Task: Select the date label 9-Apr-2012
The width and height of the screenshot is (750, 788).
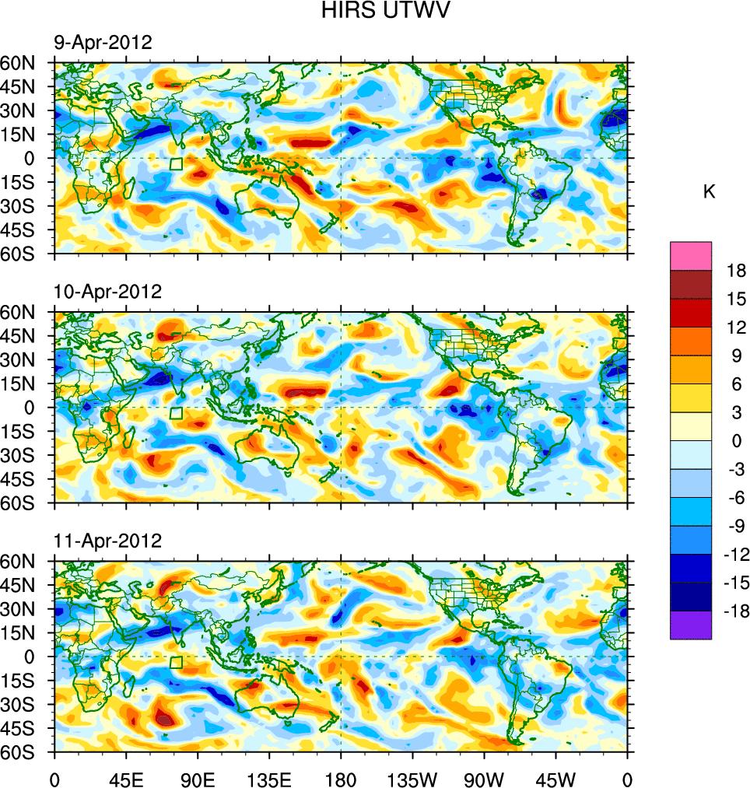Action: pos(103,43)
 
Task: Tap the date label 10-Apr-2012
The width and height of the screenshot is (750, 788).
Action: pos(107,292)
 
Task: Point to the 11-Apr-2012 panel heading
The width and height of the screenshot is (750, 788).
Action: pos(107,541)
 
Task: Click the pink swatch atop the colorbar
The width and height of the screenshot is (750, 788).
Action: pos(691,255)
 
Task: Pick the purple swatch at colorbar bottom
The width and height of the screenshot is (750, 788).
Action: pos(691,625)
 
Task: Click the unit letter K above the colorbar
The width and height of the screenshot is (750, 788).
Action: pos(709,192)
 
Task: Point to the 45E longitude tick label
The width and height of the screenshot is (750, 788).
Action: pos(125,778)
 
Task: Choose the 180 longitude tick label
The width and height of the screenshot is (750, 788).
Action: pos(341,778)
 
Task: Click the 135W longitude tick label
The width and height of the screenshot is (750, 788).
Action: pos(412,778)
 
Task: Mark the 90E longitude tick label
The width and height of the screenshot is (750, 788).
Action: pos(198,778)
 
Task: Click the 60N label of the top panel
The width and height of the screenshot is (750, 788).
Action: pos(23,62)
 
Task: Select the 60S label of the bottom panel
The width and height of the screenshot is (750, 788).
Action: pos(23,753)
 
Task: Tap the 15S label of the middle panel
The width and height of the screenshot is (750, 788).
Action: pos(23,431)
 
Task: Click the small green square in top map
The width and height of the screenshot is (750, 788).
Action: pos(176,164)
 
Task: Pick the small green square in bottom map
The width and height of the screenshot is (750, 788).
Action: pos(176,662)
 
